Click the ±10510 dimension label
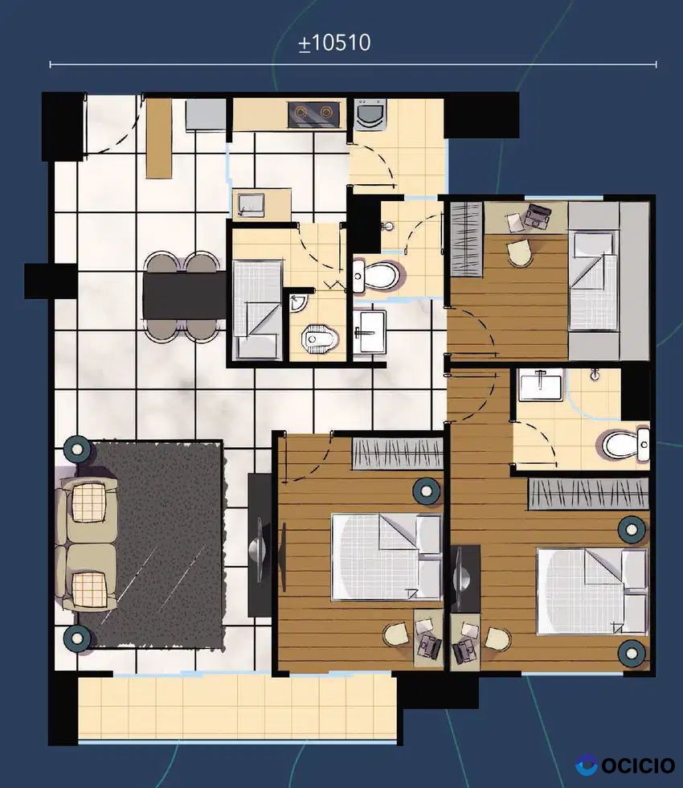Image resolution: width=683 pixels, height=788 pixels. [x=334, y=43]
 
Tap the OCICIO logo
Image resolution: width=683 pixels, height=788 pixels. [x=625, y=765]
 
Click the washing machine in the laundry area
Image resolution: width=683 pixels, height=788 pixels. [x=370, y=115]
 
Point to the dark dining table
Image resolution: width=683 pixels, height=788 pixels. [x=184, y=295]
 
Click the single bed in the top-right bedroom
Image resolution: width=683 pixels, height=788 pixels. [x=593, y=281]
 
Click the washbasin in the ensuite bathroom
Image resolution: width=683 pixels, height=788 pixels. [x=541, y=384]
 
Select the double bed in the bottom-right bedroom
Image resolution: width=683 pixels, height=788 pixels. [x=592, y=592]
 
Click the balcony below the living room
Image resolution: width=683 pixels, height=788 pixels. [x=236, y=707]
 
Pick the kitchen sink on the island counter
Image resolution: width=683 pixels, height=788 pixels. [x=251, y=204]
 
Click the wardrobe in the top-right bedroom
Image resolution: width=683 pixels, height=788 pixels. [x=466, y=239]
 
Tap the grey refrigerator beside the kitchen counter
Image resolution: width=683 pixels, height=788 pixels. [x=206, y=115]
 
